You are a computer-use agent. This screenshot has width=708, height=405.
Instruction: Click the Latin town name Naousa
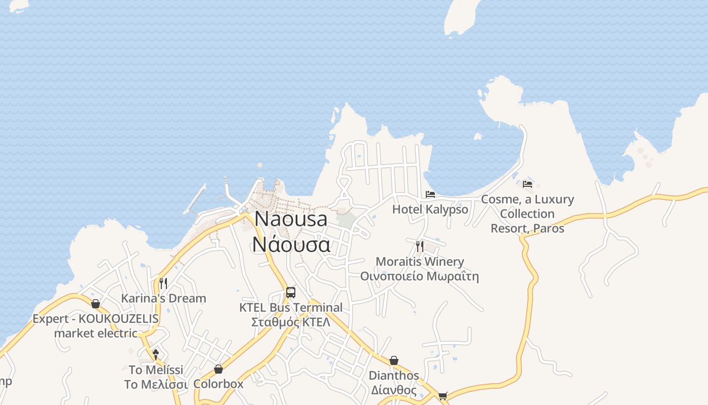click(x=291, y=219)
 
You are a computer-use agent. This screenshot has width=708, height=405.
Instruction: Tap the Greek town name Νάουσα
click(x=291, y=244)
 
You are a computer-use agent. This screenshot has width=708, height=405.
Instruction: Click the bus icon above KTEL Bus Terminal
click(x=291, y=292)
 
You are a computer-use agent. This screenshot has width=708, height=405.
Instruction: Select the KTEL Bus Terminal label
click(x=291, y=307)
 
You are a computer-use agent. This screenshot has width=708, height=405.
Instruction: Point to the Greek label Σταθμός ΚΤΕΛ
click(x=291, y=322)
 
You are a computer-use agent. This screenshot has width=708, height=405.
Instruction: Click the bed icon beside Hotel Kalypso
click(x=430, y=194)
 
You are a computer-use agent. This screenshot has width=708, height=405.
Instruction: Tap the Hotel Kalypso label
click(x=430, y=209)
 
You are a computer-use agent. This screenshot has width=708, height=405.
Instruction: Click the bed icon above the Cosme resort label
click(x=527, y=184)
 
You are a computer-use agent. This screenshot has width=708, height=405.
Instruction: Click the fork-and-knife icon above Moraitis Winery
click(x=420, y=247)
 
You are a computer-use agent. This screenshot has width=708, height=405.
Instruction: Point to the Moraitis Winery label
click(x=420, y=262)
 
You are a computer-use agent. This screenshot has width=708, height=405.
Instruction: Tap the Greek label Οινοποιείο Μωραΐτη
click(x=420, y=276)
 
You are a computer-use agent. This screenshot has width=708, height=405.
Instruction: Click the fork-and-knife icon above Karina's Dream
click(x=163, y=283)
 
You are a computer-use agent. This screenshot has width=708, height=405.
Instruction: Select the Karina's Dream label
click(x=163, y=298)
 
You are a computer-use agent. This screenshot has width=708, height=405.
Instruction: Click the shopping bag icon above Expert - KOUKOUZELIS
click(x=96, y=304)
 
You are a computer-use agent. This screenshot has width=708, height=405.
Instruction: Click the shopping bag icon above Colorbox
click(x=218, y=369)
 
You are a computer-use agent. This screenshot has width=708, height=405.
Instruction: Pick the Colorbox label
click(x=218, y=384)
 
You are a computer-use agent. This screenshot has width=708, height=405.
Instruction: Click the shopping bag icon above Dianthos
click(x=394, y=360)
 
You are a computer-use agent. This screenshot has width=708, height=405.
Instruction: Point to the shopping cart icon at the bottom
click(x=443, y=396)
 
